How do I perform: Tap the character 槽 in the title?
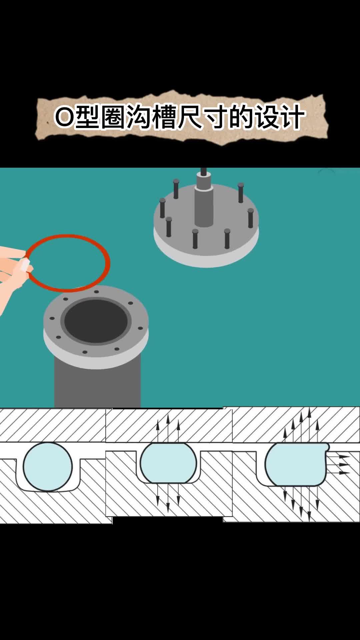pos(164,117)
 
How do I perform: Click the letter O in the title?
pos(64,117)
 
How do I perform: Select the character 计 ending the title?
pos(292,117)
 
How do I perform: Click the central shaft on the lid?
pos(204,203)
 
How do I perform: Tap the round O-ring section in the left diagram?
pos(48,467)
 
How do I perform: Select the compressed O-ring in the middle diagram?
pos(168,463)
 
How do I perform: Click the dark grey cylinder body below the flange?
pos(97,383)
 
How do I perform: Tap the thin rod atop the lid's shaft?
pos(203,171)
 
